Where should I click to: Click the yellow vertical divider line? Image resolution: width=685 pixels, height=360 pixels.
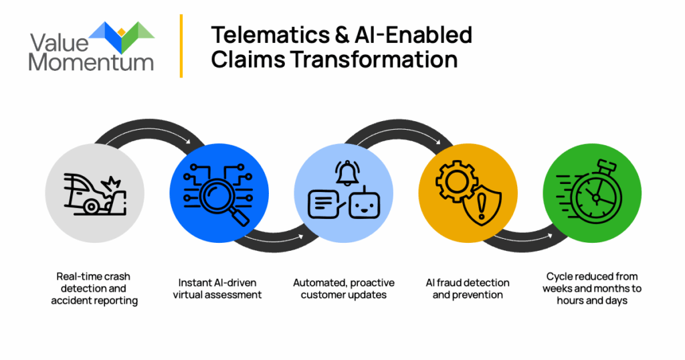pos(181,46)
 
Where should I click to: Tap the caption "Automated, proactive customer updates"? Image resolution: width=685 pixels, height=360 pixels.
pos(344,288)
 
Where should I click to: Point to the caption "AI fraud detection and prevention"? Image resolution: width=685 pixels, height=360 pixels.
pos(468,288)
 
